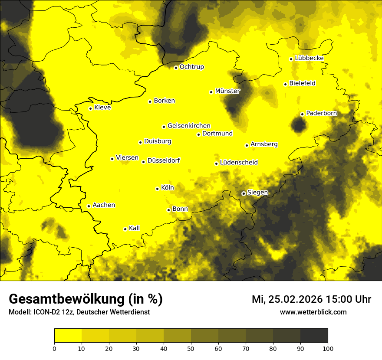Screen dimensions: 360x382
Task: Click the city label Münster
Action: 227,91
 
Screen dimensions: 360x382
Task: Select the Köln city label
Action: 168,188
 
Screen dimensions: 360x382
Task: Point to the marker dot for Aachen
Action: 89,206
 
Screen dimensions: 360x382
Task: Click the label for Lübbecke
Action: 309,58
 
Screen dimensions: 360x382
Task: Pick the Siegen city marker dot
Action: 244,193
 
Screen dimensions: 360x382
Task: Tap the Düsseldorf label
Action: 164,160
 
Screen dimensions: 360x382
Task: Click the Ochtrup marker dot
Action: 176,67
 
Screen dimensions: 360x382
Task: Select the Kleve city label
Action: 102,108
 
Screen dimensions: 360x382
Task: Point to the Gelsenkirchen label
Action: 189,126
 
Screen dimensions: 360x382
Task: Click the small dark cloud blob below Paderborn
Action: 299,126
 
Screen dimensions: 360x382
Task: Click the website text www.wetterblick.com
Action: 313,312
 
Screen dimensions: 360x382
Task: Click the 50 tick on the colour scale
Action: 191,348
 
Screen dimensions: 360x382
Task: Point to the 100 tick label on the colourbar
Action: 328,348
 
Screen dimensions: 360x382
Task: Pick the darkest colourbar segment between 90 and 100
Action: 314,336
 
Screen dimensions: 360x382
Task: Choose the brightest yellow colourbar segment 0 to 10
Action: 68,336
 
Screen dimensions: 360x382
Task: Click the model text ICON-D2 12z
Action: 50,312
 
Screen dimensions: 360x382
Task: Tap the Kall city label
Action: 134,228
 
